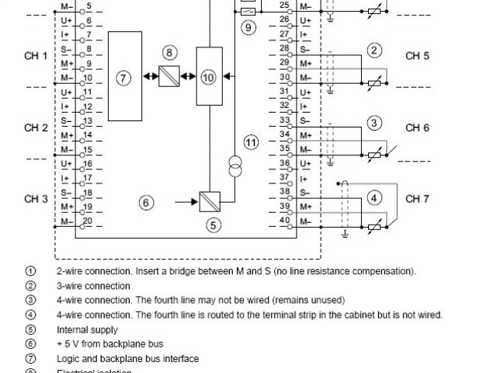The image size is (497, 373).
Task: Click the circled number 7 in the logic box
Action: [x=124, y=77]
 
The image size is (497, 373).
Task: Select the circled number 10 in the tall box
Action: [x=208, y=77]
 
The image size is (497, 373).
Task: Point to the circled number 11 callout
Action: [x=250, y=142]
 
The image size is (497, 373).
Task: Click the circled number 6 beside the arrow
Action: [x=145, y=203]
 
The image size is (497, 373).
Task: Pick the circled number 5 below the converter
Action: [x=213, y=225]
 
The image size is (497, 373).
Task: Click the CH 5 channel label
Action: [x=416, y=56]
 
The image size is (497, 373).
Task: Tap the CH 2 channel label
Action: [x=36, y=127]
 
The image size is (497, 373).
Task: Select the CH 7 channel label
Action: [x=416, y=199]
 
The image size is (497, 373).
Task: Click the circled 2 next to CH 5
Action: [x=374, y=51]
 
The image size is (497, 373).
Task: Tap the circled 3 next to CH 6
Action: [x=374, y=123]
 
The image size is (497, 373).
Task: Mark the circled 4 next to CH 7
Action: [x=374, y=197]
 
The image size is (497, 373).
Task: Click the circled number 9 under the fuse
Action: [x=248, y=28]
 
